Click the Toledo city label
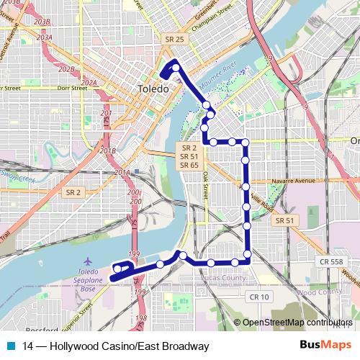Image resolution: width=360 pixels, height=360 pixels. click(x=153, y=89)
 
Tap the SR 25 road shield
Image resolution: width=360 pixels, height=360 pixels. click(x=175, y=39)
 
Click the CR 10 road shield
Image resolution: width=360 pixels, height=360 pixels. click(x=258, y=297)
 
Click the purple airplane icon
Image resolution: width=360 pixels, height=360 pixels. click(x=88, y=261)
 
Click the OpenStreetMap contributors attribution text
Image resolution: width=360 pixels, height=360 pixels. click(x=297, y=323)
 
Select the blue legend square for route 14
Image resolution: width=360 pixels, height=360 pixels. click(x=12, y=346)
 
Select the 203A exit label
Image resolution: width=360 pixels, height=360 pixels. click(x=44, y=37)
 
